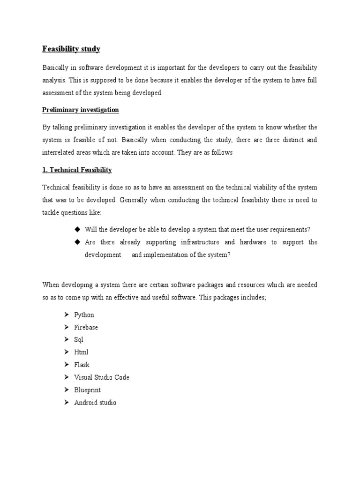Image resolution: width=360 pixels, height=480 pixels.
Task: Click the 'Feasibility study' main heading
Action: click(71, 49)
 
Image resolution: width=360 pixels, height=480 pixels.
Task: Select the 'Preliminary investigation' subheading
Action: click(81, 110)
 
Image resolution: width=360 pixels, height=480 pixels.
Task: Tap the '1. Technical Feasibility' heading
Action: click(77, 170)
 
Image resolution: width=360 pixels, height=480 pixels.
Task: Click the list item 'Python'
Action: click(84, 315)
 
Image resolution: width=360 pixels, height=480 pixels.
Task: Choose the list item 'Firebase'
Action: click(86, 327)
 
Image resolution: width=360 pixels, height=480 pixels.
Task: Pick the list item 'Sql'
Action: click(79, 340)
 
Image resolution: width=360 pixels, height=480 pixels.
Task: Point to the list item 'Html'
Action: click(81, 352)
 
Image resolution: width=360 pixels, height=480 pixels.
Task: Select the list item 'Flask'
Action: click(82, 365)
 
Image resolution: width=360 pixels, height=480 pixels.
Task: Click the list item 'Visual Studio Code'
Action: click(102, 377)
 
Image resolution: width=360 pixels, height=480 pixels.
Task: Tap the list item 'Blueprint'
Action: click(87, 390)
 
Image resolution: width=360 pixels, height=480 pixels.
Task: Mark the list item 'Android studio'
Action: click(95, 403)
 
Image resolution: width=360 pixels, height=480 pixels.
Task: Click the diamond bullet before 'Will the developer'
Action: click(77, 229)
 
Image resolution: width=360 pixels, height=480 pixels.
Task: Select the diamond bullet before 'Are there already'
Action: click(77, 242)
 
